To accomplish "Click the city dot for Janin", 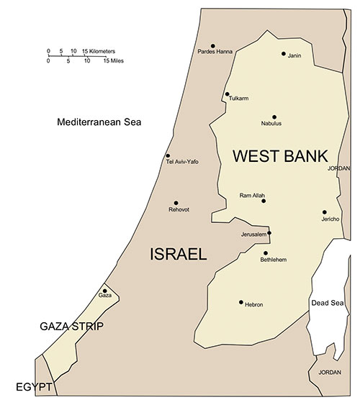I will point(284,54).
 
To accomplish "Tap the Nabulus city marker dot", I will point(274,117).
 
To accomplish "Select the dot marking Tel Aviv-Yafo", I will point(168,155).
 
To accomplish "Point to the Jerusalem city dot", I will point(269,233).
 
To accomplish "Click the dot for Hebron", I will point(241,302).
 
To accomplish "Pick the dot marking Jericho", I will point(325,212).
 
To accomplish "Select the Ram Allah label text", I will point(252,196).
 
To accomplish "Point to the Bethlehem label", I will point(274,260).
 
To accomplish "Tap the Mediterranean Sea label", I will point(99,122).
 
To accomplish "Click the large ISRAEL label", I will point(178,254).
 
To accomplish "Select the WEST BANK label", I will point(279,156).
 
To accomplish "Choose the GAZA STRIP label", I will point(71,327).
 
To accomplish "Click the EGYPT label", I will point(34,388).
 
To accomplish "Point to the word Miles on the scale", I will point(115,61).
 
